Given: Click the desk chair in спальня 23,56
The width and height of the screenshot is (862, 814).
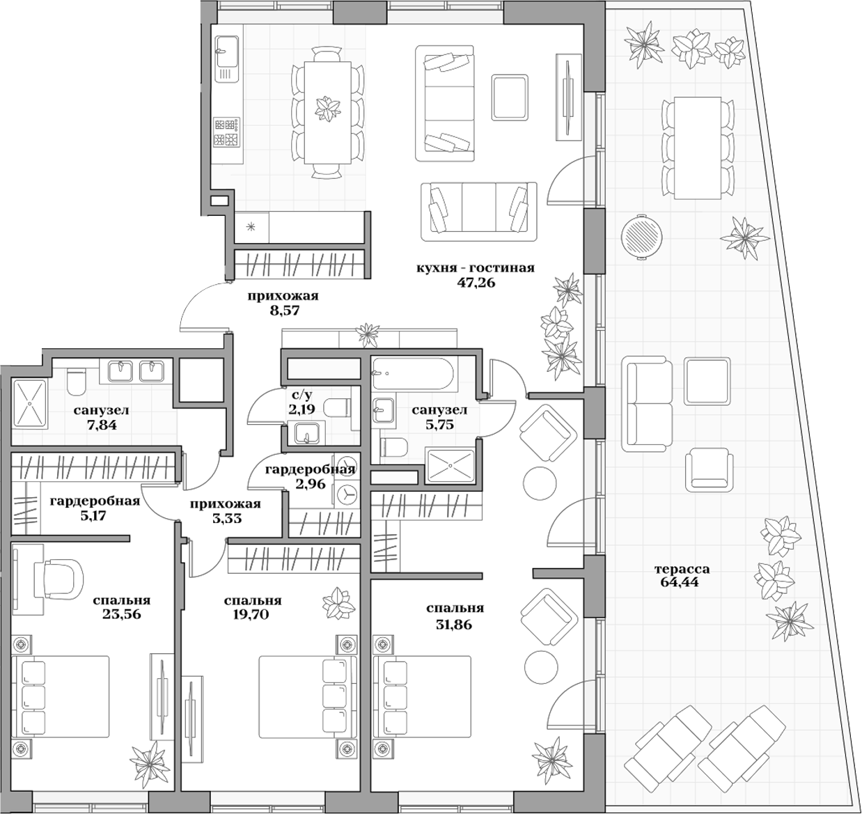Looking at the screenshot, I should pyautogui.click(x=63, y=577).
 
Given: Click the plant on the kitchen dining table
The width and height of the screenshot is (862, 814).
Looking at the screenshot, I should pyautogui.click(x=327, y=108).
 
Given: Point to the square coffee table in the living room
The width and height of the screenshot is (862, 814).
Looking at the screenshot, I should pyautogui.click(x=510, y=97).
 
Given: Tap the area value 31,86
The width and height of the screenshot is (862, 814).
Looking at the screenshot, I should pyautogui.click(x=454, y=625).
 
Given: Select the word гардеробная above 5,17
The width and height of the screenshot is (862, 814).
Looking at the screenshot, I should pyautogui.click(x=95, y=501).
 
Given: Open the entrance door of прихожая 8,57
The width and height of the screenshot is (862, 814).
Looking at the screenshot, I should pyautogui.click(x=205, y=307).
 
